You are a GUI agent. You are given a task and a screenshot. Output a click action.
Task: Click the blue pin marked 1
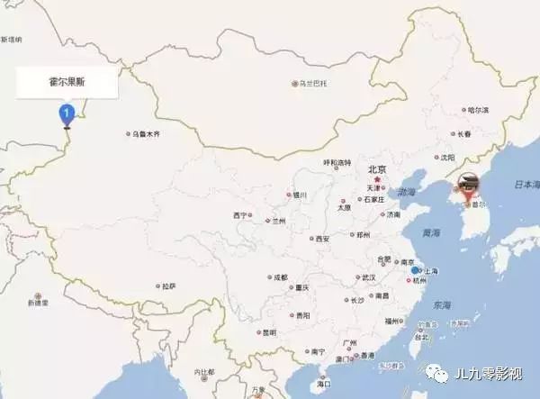[x=66, y=114]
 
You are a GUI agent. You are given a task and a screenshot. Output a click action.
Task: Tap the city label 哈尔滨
[x=478, y=110]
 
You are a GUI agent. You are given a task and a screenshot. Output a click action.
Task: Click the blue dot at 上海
[x=415, y=270]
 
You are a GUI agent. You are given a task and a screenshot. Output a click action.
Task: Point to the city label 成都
[x=281, y=277]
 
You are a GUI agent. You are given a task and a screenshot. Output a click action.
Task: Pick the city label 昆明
[x=269, y=332]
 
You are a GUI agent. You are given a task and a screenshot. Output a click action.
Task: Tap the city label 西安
[x=321, y=239]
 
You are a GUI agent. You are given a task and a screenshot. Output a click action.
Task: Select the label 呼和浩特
[x=337, y=163]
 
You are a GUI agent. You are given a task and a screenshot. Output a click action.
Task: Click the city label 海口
[x=324, y=385]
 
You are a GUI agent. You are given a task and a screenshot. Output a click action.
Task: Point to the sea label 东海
[x=441, y=304]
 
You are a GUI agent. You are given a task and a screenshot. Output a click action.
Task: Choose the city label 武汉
[x=367, y=277]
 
